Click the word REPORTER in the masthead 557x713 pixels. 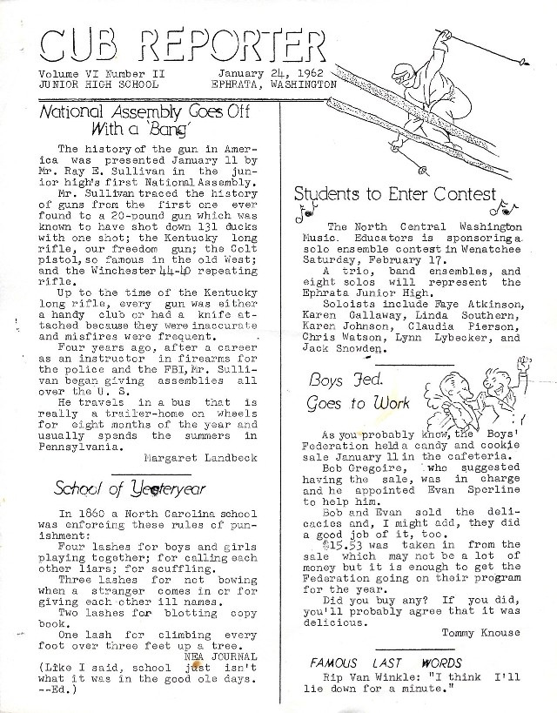(x=237, y=43)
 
